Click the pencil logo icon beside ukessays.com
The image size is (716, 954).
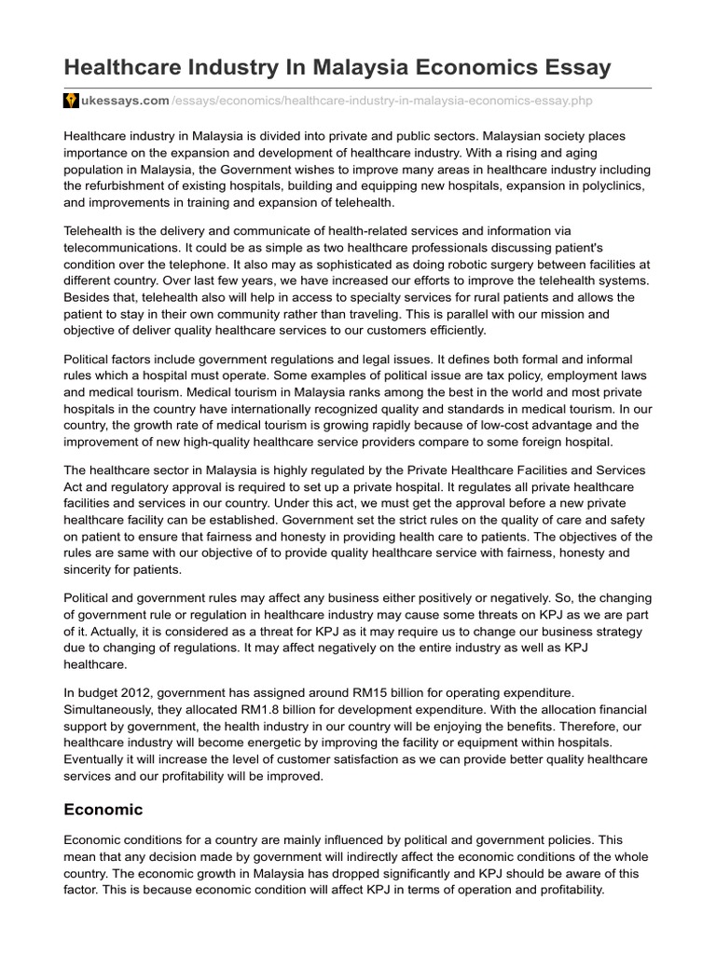click(x=70, y=100)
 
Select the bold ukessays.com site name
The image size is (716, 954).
click(x=125, y=100)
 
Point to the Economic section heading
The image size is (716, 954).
click(x=103, y=811)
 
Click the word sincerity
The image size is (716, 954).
click(x=92, y=570)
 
